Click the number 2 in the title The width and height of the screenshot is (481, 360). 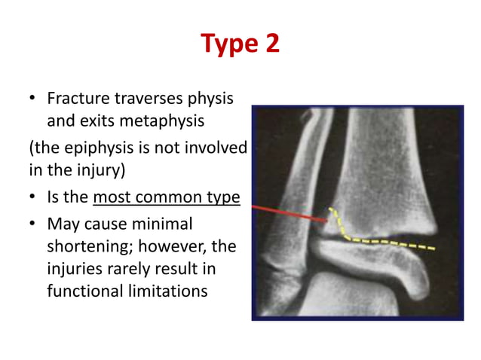coord(271,43)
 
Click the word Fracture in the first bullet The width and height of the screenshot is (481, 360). coord(76,99)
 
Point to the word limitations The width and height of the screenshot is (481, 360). coord(165,291)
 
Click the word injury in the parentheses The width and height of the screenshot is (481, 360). coord(91,169)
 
